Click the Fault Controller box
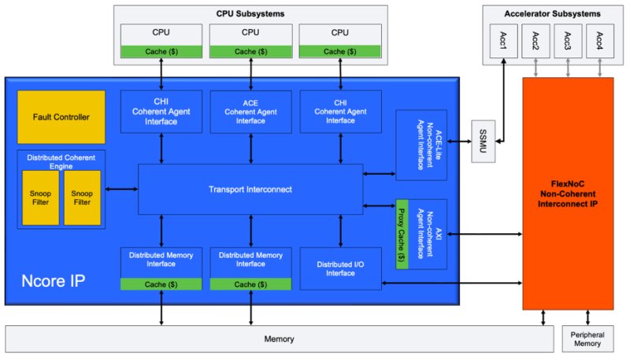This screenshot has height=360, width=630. tap(61, 117)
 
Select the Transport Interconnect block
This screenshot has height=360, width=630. tap(250, 188)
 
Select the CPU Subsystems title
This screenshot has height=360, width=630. tap(250, 13)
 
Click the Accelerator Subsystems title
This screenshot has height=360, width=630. tap(551, 13)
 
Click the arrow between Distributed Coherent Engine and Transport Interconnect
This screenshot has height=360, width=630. tap(122, 188)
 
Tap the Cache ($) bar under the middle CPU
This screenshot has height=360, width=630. tap(250, 52)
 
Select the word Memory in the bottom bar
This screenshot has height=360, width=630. tap(280, 340)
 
